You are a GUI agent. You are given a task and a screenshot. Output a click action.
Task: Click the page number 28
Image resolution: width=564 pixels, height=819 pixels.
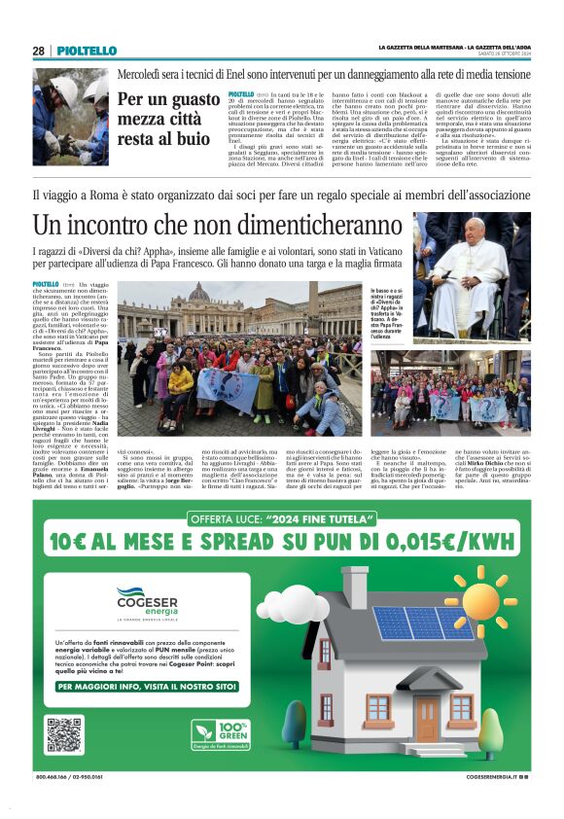point(38,51)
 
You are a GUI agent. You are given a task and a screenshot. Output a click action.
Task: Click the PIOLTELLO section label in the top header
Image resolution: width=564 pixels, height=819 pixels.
point(86,51)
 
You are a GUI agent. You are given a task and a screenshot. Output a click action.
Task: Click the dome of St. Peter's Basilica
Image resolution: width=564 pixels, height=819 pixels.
point(198,293)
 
